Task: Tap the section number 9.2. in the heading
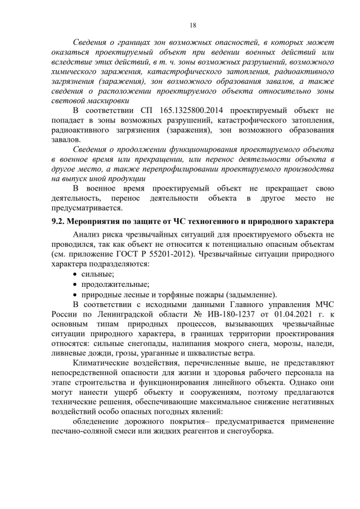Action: pos(59,222)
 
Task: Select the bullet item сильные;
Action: pos(98,274)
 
